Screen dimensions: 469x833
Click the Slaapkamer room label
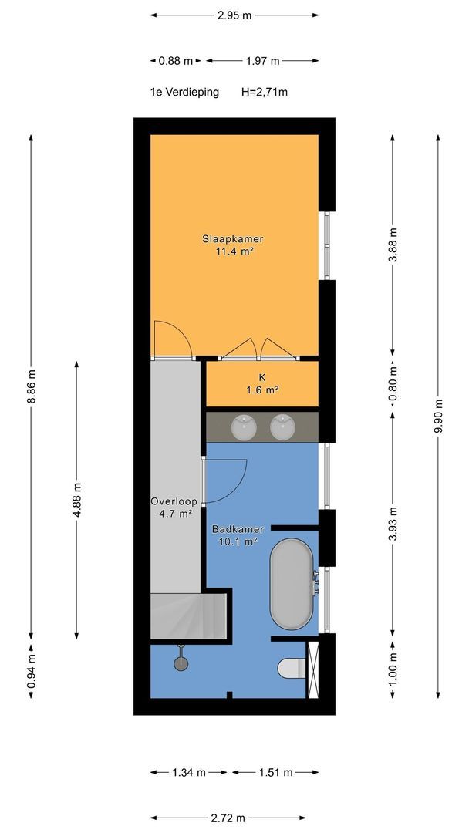pos(233,239)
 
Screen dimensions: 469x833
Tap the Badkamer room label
pos(238,529)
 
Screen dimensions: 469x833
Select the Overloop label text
pos(174,501)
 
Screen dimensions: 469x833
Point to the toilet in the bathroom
pos(292,668)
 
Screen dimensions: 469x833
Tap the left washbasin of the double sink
pos(245,427)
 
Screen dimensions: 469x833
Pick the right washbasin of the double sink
pos(283,427)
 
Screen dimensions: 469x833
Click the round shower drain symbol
pos(181,663)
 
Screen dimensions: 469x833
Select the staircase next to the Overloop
pos(188,616)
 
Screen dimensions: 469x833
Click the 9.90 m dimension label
pos(438,416)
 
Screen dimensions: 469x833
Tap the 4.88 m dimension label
pos(77,499)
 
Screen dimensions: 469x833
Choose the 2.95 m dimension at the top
pos(235,15)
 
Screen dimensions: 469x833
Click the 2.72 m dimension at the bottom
pos(228,818)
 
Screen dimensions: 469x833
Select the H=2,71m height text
pos(265,92)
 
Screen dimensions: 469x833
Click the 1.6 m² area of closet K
pos(261,390)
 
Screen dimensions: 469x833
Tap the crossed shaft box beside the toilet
pos(312,669)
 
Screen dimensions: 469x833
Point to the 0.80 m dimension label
pos(393,383)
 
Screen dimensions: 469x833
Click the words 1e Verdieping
pos(184,93)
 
